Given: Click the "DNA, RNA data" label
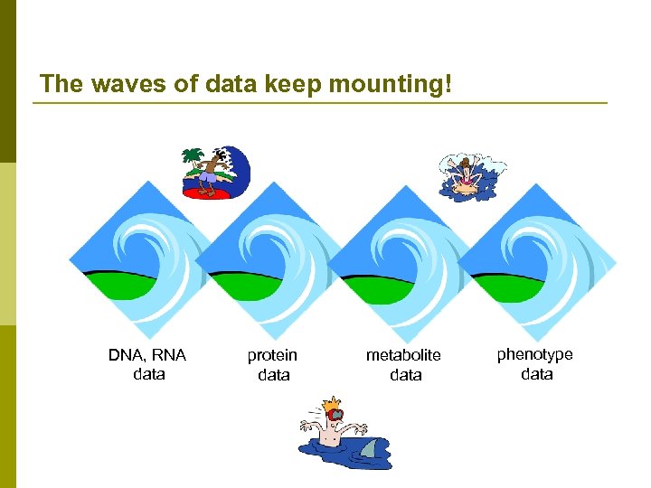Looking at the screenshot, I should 147,364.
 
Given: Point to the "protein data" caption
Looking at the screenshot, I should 273,365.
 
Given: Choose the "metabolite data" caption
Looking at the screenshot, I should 404,365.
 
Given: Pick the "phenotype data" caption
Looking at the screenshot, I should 535,364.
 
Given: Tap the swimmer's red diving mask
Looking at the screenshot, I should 335,415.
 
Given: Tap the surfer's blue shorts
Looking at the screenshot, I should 209,179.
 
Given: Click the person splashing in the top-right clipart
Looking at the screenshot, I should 467,175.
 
